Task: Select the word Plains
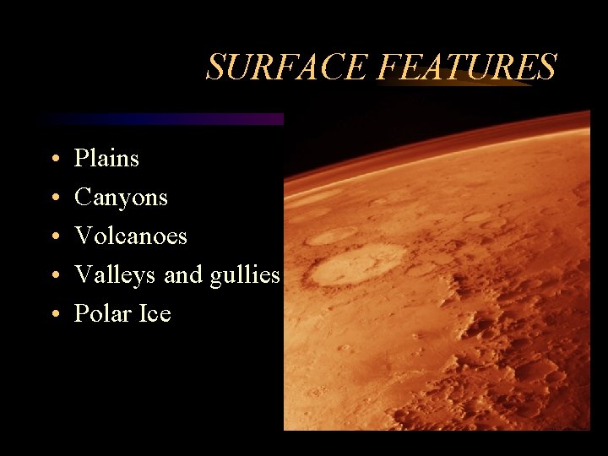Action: tap(106, 158)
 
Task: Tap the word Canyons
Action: tap(121, 198)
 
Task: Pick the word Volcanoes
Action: tap(131, 236)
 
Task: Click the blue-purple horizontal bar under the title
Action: tap(160, 119)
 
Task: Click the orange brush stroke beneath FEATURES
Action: tap(456, 84)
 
